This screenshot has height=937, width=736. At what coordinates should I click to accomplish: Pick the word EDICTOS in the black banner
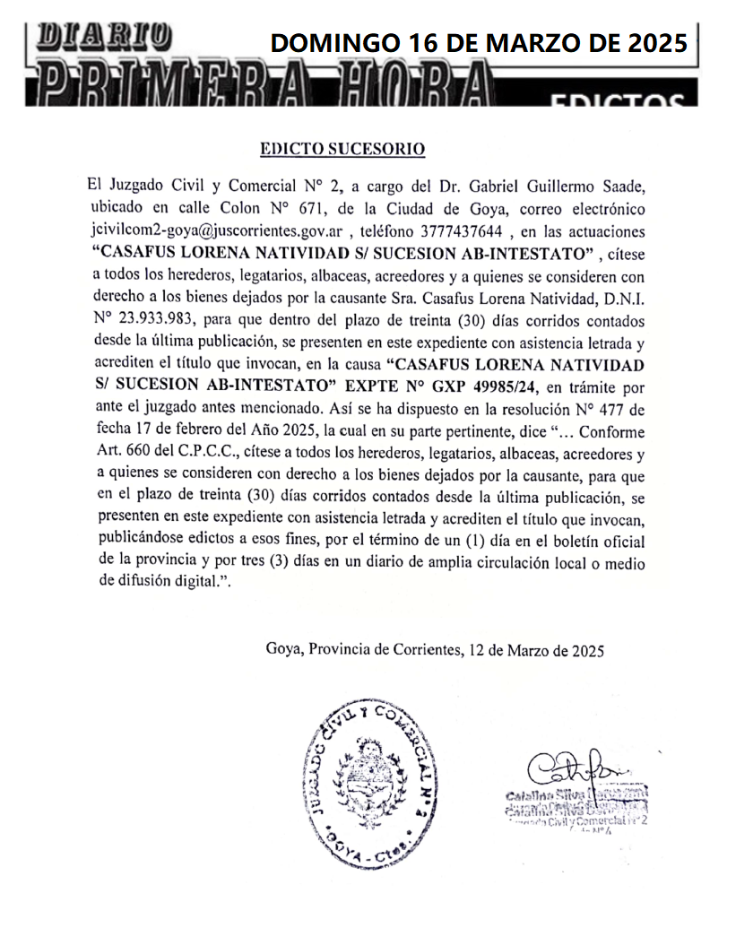point(618,100)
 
